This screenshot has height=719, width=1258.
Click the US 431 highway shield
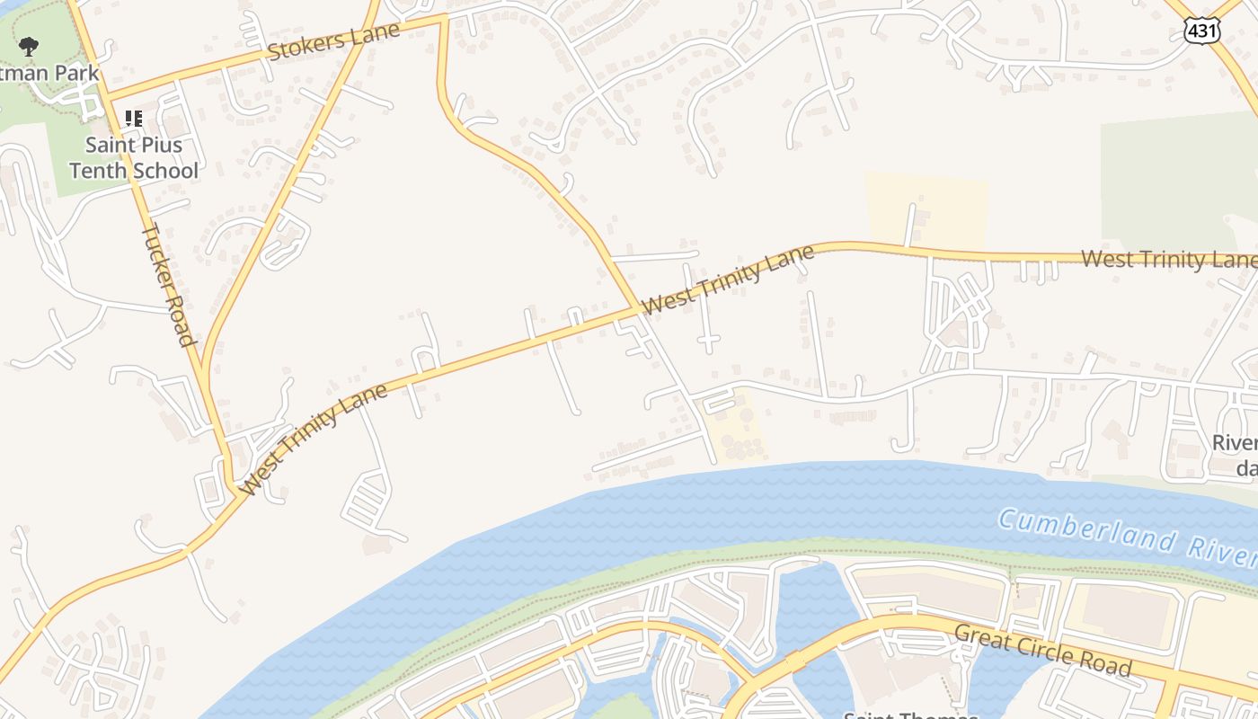pyautogui.click(x=1201, y=31)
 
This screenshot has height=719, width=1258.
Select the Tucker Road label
pyautogui.click(x=169, y=284)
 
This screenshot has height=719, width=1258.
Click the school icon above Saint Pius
pyautogui.click(x=134, y=118)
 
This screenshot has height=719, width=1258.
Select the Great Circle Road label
pyautogui.click(x=1042, y=649)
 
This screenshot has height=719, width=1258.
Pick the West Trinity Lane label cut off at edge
pyautogui.click(x=1168, y=260)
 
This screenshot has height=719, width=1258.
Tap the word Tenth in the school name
pyautogui.click(x=97, y=170)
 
